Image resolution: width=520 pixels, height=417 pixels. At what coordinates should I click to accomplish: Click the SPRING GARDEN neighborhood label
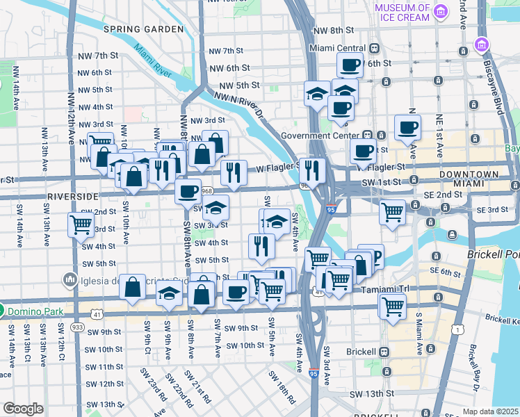click(x=143, y=29)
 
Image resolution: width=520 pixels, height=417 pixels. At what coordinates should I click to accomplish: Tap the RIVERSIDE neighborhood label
click(x=70, y=197)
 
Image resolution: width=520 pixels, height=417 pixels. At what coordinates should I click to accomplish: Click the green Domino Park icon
click(x=3, y=311)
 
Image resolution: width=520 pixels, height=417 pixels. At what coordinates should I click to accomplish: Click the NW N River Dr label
click(x=241, y=104)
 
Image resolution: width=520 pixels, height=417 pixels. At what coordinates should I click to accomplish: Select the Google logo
click(x=23, y=409)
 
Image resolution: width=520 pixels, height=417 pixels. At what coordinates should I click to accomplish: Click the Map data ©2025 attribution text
click(x=491, y=411)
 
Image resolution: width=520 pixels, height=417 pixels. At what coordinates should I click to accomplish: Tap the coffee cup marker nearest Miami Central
click(x=350, y=65)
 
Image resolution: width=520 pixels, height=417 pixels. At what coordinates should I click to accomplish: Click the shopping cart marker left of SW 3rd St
click(x=81, y=224)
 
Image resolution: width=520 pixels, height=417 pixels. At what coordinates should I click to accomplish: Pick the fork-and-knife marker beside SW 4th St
click(x=261, y=245)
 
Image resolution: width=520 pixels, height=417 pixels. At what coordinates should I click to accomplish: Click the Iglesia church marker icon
click(x=70, y=280)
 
